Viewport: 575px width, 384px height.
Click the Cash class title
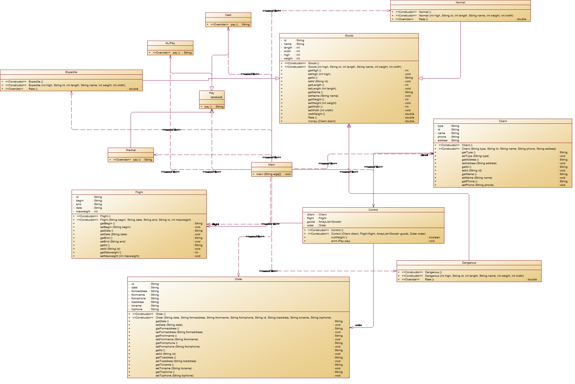tap(228, 15)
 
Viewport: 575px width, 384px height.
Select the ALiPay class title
tap(170, 43)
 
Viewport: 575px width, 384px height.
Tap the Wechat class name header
tap(131, 150)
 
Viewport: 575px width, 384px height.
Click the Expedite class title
tap(71, 72)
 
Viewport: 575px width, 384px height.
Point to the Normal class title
tap(460, 3)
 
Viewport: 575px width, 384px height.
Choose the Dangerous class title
tap(469, 263)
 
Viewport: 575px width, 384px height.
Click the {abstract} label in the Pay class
tap(216, 97)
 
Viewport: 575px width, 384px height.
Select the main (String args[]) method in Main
tap(269, 174)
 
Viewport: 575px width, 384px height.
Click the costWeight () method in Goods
tap(316, 114)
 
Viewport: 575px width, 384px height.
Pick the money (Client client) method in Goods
tap(321, 121)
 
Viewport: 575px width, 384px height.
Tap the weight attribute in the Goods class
tap(288, 59)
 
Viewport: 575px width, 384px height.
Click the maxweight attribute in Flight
tap(83, 212)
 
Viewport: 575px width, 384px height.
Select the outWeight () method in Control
tap(339, 237)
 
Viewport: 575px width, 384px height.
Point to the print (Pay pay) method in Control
tap(340, 241)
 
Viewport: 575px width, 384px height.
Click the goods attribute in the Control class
tap(311, 222)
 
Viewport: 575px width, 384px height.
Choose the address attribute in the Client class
tap(442, 140)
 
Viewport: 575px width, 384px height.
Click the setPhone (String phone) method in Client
tap(477, 185)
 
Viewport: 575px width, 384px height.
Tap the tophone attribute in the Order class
tap(137, 309)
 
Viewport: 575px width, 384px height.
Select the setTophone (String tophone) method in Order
tap(174, 376)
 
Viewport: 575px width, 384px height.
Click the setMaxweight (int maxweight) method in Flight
tap(120, 256)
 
